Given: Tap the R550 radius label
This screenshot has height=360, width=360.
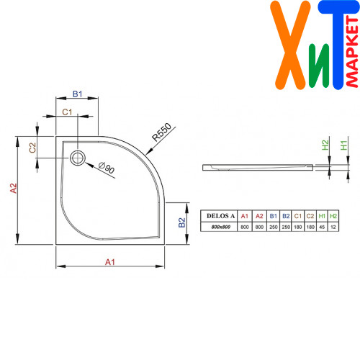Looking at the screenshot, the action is (161, 132).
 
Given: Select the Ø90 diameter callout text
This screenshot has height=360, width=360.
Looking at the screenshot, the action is (107, 168).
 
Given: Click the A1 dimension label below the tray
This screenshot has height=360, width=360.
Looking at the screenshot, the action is (110, 262).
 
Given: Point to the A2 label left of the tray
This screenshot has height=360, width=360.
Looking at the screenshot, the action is (14, 188).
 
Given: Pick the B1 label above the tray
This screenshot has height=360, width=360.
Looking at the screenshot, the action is (77, 94).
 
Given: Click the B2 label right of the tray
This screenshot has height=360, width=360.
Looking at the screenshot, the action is (182, 222).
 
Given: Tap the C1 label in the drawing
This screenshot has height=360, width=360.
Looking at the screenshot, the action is (67, 112).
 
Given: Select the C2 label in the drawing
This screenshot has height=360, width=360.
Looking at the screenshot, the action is (32, 148).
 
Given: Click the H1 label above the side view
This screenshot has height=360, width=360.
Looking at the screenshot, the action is (343, 145).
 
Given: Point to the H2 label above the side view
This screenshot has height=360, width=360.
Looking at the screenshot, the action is (325, 145).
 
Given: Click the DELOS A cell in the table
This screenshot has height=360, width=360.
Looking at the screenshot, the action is (220, 216).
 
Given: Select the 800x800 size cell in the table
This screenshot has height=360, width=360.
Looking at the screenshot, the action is (221, 227).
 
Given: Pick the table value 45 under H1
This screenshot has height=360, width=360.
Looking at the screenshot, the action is (322, 227).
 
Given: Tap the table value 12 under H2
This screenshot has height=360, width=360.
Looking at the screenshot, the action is (333, 227).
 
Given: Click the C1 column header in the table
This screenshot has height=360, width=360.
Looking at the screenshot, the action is (298, 216).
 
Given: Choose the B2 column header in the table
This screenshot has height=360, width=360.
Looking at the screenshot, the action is (286, 216).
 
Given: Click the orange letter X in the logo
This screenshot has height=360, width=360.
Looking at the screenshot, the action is (290, 45).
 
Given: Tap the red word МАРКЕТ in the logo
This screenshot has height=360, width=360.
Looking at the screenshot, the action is (352, 52).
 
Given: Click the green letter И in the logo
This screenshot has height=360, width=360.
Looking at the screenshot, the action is (319, 66).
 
